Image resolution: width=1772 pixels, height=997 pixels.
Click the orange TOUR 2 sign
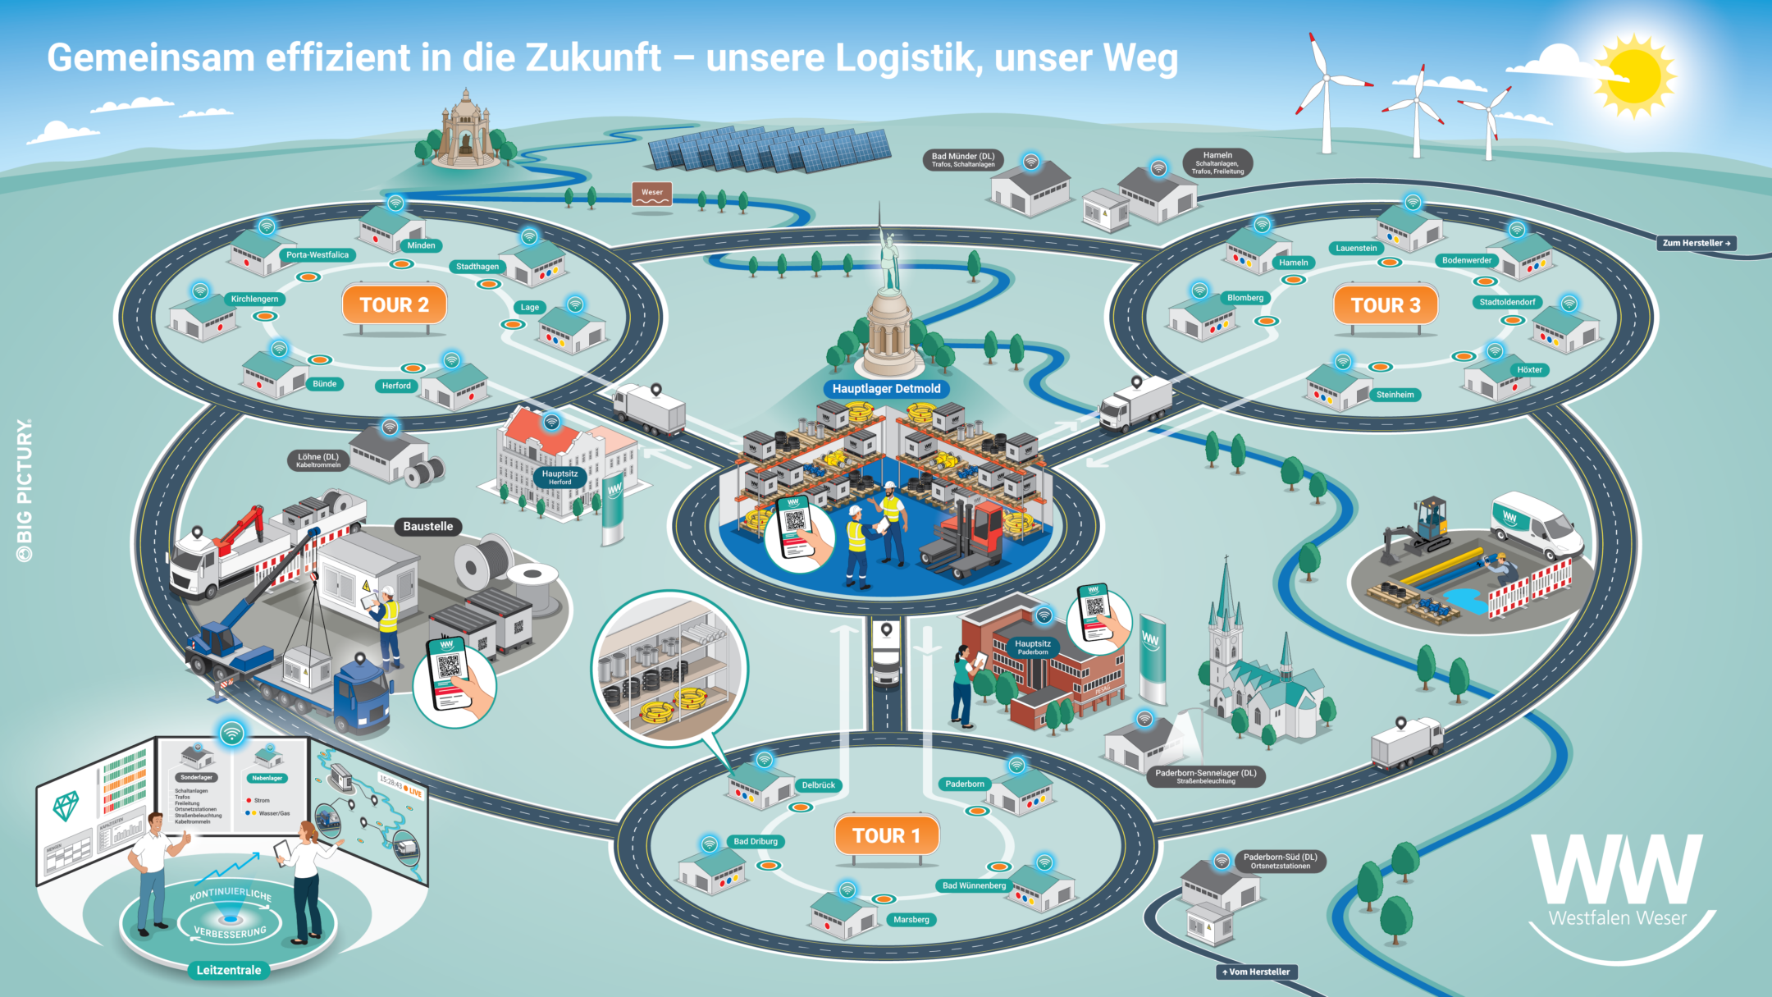[x=394, y=305]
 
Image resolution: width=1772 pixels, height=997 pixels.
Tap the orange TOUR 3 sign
[x=1385, y=305]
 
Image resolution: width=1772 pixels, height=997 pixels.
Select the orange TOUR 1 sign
[x=886, y=835]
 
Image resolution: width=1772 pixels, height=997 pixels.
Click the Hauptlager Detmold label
[x=886, y=389]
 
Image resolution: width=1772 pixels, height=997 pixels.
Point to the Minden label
[x=421, y=245]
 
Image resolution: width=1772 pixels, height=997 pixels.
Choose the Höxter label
[x=1529, y=370]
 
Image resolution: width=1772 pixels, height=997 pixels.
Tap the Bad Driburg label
[x=756, y=841]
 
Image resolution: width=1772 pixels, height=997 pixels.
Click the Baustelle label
[x=427, y=527]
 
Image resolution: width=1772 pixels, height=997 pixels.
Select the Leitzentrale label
[x=228, y=970]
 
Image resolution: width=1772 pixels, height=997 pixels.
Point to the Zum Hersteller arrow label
[x=1696, y=243]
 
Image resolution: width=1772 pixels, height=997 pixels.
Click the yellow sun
[x=1633, y=76]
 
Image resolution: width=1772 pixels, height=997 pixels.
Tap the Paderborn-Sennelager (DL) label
[x=1205, y=775]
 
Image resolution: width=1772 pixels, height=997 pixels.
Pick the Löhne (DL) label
[x=318, y=460]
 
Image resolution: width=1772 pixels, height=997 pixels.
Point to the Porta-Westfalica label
[x=317, y=255]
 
